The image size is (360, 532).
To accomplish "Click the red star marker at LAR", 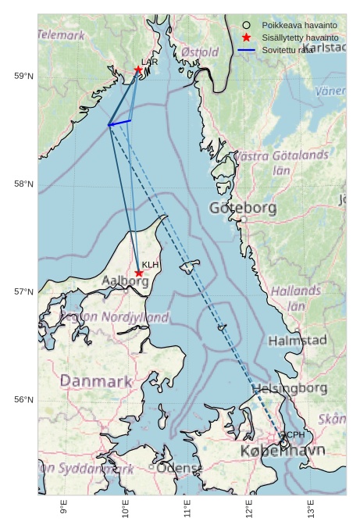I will (138, 70).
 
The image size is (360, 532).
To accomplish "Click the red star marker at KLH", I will (139, 273).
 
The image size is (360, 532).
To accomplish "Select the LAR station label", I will (149, 61).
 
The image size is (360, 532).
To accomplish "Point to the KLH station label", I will (150, 265).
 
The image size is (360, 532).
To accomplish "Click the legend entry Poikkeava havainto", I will (299, 25).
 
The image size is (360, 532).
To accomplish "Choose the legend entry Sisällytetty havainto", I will (300, 37).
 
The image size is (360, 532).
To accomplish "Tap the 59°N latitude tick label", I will (23, 76).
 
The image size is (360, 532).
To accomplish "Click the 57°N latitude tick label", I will (23, 292).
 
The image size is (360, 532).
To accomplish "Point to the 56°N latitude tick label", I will (23, 400).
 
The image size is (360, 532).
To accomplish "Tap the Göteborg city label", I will (243, 208).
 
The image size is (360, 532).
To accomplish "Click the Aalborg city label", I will (125, 281).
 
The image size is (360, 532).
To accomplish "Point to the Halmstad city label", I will (298, 341).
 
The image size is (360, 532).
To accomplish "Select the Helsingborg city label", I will (289, 388).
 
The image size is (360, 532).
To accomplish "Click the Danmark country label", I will (96, 381).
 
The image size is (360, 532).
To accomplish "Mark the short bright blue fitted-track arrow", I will (119, 123).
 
